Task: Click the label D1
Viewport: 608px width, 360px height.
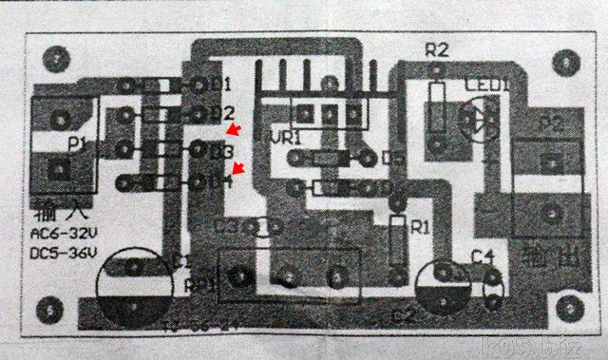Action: [222, 85]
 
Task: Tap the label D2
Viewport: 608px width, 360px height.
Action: [222, 114]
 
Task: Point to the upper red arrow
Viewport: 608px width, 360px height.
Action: [233, 129]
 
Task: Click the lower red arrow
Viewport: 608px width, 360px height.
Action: [239, 169]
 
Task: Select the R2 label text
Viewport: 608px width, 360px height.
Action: [436, 50]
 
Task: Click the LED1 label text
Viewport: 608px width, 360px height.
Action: [487, 85]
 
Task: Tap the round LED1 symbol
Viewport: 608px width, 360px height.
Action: [476, 120]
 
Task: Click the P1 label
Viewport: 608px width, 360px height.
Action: [78, 144]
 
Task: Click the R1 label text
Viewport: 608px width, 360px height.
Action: [419, 228]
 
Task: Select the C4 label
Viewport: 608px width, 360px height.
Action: [483, 256]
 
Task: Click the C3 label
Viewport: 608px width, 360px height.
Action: [226, 228]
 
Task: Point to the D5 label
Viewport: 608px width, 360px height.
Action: [392, 159]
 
